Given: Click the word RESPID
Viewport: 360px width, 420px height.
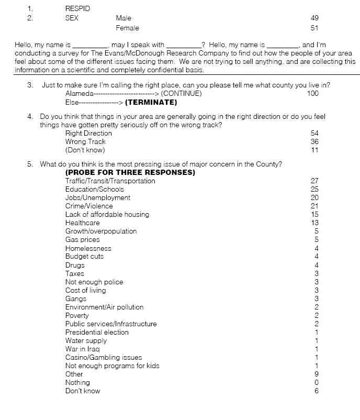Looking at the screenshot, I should [x=77, y=9].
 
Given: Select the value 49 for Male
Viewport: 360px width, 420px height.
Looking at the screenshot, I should [x=314, y=18].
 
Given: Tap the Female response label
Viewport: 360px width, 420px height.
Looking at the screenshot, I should [x=127, y=28].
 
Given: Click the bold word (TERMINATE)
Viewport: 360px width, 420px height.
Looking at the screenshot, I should [x=151, y=102].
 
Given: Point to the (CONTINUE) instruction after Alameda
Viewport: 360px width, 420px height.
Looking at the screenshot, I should [x=182, y=94].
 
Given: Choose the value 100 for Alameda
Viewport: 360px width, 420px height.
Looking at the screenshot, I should [x=313, y=94].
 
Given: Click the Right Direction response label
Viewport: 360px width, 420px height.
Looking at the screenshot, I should [x=88, y=134].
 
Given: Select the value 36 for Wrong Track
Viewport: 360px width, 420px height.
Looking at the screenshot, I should [x=314, y=142].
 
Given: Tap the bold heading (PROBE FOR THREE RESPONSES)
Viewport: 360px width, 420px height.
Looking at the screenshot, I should [x=130, y=172].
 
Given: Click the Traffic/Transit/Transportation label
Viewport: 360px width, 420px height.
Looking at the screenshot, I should [x=110, y=181].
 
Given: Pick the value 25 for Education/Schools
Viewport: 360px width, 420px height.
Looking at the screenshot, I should [x=314, y=190].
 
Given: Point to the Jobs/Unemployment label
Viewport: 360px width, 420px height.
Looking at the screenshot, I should [x=98, y=198].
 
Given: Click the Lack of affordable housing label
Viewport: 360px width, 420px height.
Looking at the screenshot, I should [x=107, y=215].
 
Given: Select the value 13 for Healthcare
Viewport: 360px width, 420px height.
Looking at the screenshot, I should [x=314, y=223].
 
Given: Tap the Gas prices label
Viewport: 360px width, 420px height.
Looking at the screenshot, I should [x=82, y=240].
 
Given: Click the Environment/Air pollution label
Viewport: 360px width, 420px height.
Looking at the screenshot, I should [x=104, y=307].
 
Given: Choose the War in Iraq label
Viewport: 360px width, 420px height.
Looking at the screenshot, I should [x=82, y=349].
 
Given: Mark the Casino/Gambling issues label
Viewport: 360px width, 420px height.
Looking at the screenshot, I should [x=104, y=358].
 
